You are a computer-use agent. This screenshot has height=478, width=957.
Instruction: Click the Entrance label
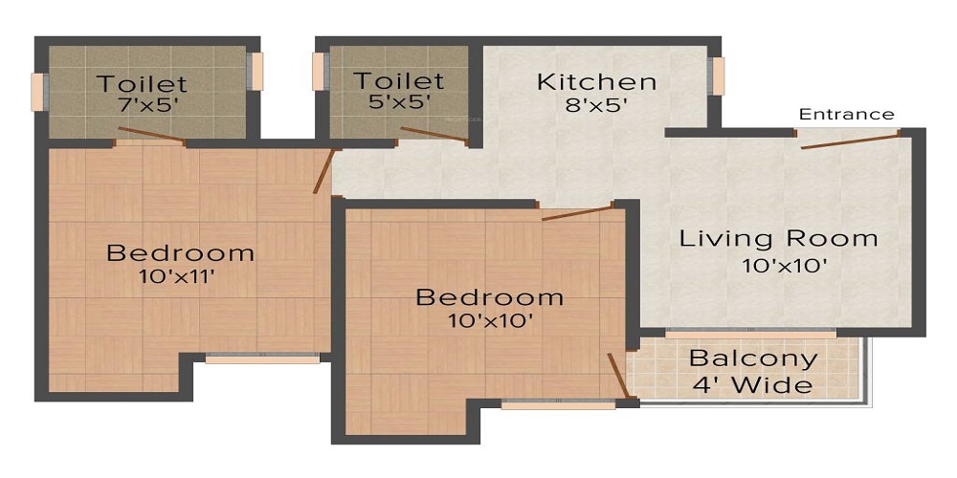[847, 114]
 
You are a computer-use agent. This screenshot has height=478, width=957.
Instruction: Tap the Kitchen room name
[596, 81]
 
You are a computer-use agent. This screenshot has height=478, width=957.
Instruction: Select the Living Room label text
[778, 238]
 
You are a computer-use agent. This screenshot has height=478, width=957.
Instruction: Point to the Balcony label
[753, 359]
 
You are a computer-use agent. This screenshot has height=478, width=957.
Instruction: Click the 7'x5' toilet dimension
[143, 107]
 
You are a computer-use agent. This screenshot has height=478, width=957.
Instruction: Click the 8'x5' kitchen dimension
[596, 105]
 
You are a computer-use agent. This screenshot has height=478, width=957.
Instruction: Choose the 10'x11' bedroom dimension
[180, 278]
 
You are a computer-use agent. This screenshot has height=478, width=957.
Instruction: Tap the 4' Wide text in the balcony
[753, 385]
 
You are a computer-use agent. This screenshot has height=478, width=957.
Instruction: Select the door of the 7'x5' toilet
[150, 135]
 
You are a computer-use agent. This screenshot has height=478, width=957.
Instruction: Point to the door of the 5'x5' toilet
[434, 136]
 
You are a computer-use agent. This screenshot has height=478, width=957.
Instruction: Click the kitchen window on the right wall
[717, 76]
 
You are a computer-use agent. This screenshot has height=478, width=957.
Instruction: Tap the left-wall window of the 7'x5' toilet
[37, 91]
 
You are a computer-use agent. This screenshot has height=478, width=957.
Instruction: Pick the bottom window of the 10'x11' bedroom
[262, 359]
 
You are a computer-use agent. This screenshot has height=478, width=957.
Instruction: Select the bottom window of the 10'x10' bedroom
[558, 404]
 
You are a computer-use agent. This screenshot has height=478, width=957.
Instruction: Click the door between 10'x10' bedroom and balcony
[617, 375]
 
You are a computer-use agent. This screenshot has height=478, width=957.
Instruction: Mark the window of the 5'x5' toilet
[319, 72]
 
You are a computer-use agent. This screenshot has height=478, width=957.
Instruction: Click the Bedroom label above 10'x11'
[180, 253]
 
